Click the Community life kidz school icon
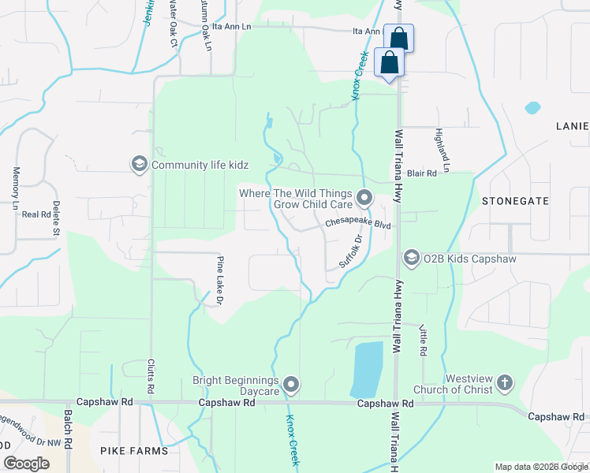(x=140, y=164)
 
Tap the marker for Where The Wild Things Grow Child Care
(x=364, y=197)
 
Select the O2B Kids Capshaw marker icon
(x=411, y=258)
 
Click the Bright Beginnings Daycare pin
(x=292, y=385)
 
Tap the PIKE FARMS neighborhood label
(x=134, y=451)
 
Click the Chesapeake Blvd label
(x=359, y=225)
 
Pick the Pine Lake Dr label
(x=220, y=281)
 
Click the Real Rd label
(x=35, y=214)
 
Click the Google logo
(x=26, y=464)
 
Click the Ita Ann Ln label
(x=367, y=32)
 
